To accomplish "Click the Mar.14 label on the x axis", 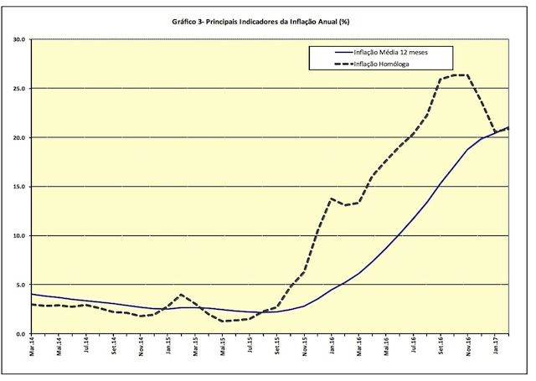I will [x=33, y=347].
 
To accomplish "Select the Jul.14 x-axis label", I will [x=87, y=347].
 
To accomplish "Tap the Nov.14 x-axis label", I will [x=142, y=347].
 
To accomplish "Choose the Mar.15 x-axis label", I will [x=195, y=347].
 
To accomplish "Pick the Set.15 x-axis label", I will [x=276, y=347].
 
